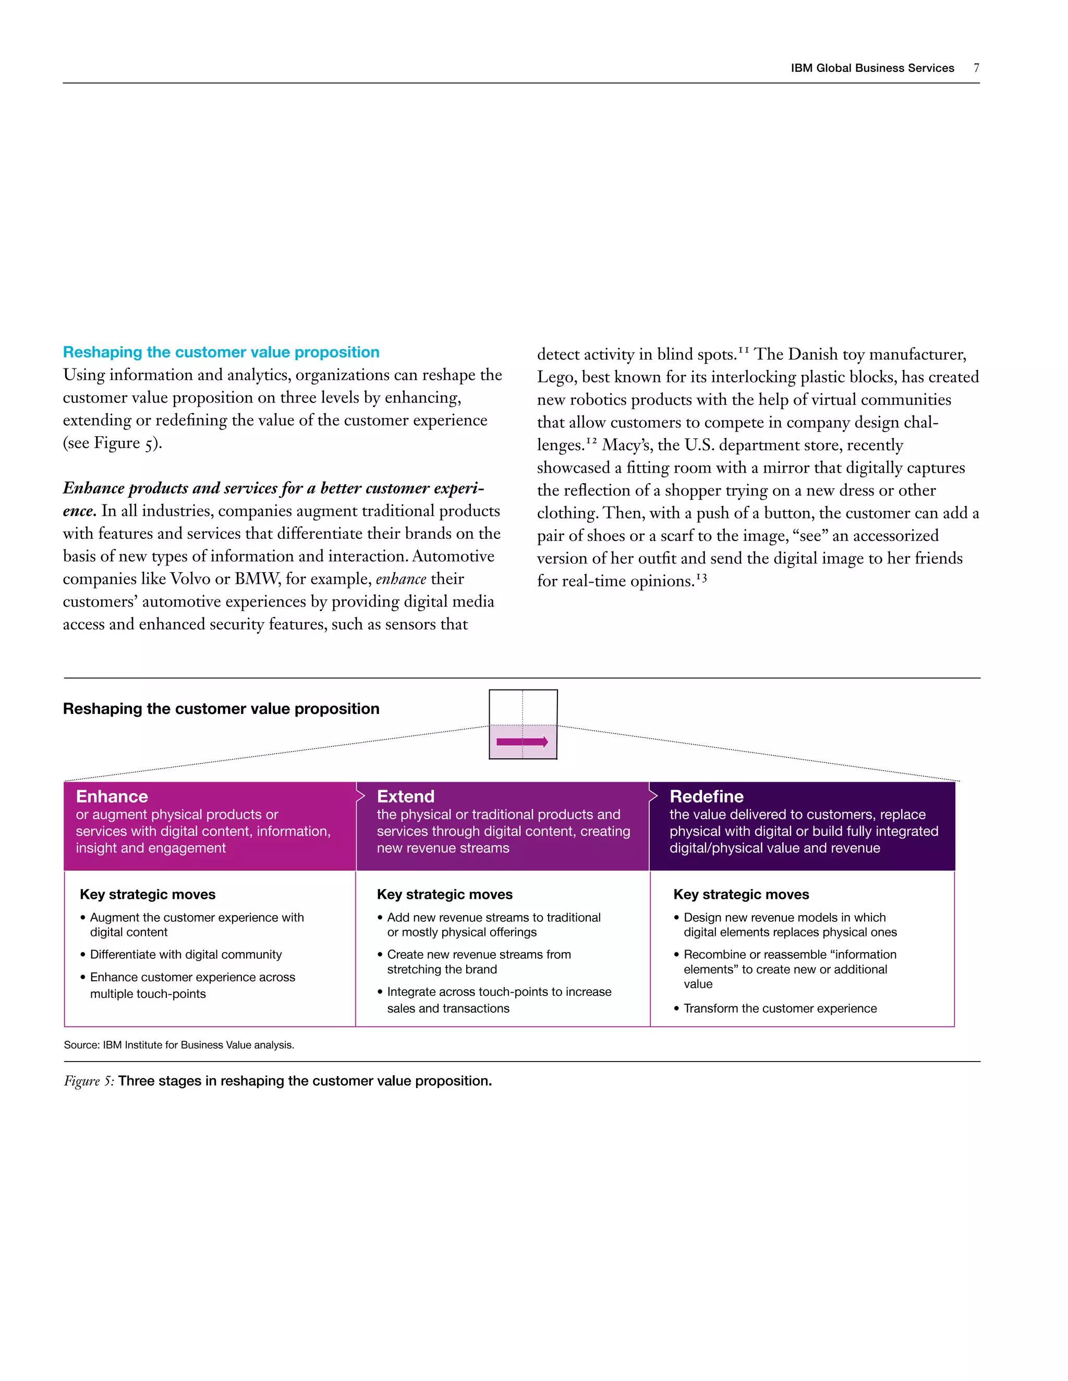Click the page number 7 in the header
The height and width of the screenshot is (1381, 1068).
click(x=976, y=68)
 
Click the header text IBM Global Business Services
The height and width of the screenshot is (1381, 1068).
click(x=872, y=68)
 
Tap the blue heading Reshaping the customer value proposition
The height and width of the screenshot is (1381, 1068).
click(x=221, y=352)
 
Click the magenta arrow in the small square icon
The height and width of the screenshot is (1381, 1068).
click(x=522, y=742)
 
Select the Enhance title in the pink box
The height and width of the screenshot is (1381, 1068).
click(x=112, y=796)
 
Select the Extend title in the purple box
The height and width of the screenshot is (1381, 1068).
click(x=406, y=796)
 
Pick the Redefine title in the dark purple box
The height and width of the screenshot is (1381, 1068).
click(x=706, y=796)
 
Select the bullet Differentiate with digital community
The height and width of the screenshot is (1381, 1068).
click(x=185, y=954)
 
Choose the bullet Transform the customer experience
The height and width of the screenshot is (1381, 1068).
click(x=780, y=1008)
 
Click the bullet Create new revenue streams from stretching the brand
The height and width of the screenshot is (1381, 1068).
click(x=478, y=961)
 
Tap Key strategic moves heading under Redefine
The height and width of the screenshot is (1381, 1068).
click(x=741, y=894)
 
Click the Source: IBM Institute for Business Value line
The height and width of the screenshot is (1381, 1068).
click(x=179, y=1044)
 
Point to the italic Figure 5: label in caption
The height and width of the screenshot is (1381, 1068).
click(x=89, y=1081)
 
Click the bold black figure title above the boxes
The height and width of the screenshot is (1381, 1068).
click(x=221, y=709)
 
